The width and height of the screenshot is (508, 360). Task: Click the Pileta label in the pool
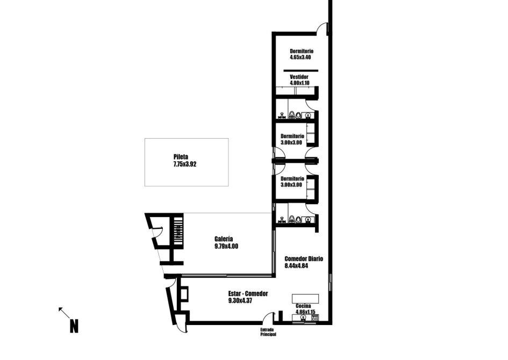click(181, 157)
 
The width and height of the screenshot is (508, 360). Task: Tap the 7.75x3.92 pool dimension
click(185, 164)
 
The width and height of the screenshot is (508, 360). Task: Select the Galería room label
click(224, 239)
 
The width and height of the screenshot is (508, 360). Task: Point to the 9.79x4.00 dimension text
click(226, 247)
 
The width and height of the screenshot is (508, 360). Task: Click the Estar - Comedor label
click(248, 293)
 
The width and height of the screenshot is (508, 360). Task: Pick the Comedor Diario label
click(304, 258)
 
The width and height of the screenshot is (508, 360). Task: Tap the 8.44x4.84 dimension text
click(296, 266)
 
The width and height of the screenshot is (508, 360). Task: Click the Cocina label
click(303, 306)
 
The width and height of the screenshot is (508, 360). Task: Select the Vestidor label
click(299, 77)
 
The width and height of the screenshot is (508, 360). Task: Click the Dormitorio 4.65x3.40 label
click(302, 54)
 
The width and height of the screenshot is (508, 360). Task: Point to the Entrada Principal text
click(268, 332)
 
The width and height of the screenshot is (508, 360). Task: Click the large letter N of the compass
click(74, 326)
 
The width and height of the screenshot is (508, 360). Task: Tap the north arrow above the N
click(64, 313)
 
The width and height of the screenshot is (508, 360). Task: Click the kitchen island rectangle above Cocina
click(305, 299)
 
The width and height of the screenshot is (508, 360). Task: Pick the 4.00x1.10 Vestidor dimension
click(299, 83)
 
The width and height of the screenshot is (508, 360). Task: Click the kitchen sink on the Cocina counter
click(303, 318)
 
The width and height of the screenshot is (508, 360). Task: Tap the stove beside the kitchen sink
click(315, 318)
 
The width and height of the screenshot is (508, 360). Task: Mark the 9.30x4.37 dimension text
click(240, 301)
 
